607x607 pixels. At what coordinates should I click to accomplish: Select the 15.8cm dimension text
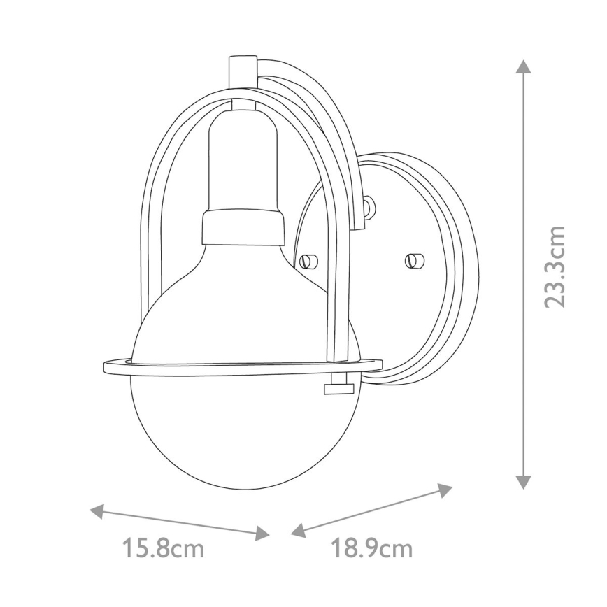pos(164,548)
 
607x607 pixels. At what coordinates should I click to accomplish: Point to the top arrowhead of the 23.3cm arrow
pos(523,66)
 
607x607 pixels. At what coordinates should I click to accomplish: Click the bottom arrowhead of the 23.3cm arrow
pos(523,482)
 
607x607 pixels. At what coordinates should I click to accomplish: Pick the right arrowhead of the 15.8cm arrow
pos(262,534)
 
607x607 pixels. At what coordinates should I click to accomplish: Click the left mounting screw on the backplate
pos(306,261)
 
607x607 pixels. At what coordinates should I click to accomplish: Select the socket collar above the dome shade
pos(243,227)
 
